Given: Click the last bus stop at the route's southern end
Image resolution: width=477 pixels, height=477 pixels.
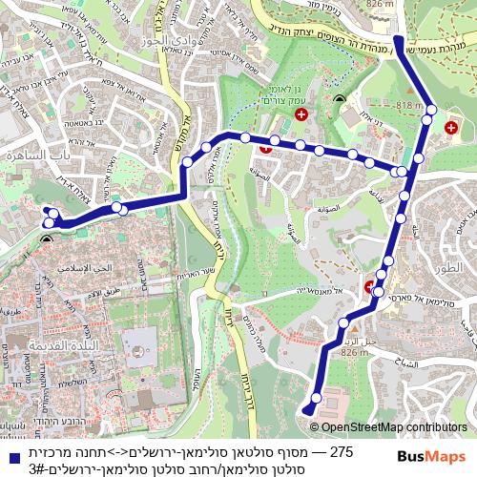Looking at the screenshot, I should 308,410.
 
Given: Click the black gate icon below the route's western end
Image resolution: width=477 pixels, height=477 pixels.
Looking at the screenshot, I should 48,238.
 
